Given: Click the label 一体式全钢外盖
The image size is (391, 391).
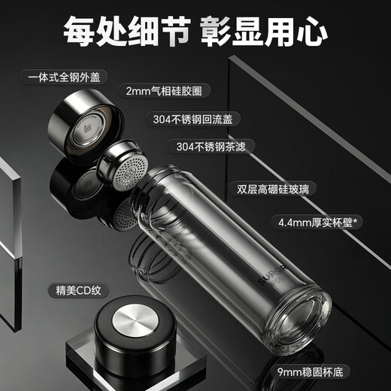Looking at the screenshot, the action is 64,77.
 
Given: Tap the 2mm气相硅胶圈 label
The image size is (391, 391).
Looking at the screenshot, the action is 164,91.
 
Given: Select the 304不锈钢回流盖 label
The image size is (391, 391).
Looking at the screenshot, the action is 192,119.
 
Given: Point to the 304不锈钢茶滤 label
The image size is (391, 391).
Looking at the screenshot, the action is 211,147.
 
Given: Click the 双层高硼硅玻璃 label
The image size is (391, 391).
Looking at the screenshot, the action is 273,189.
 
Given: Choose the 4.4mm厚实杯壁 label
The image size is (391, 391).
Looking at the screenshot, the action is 317,222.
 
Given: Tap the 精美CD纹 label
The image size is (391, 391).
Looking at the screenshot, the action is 78,291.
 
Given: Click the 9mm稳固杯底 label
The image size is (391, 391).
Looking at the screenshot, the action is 311,372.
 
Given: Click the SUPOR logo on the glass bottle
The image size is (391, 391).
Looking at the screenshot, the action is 271,274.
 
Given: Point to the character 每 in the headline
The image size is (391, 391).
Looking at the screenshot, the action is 79,32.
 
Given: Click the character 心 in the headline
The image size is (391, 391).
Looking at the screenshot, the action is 312,32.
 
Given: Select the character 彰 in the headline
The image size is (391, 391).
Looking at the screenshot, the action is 217,32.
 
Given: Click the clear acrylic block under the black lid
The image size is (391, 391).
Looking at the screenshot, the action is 135,361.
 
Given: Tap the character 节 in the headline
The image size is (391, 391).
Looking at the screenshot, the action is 174,32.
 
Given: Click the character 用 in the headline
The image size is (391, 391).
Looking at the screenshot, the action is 280,32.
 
